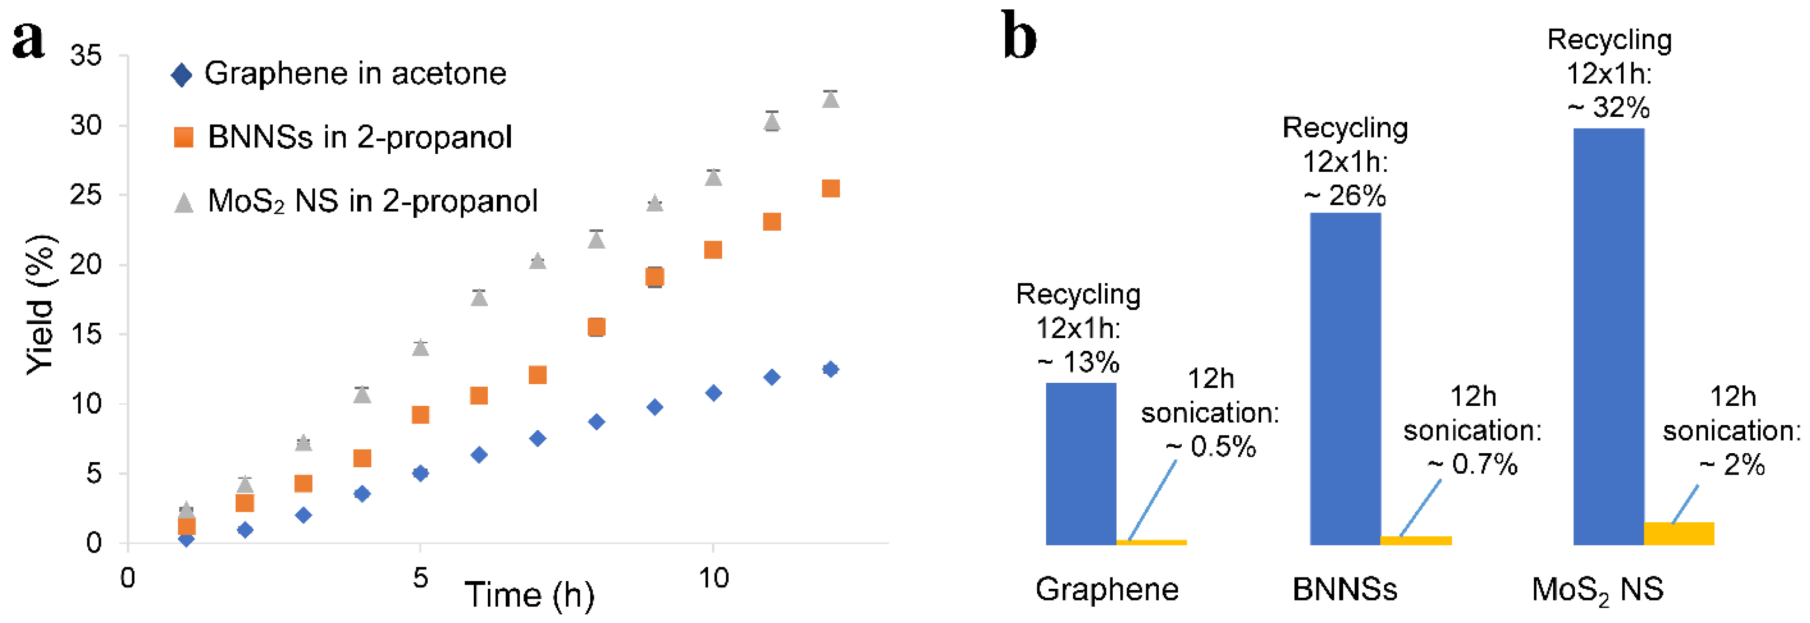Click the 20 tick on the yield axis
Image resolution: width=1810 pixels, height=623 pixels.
[x=86, y=265]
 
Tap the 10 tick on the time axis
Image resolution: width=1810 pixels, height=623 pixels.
[x=713, y=578]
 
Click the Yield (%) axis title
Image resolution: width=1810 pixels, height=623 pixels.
[x=41, y=304]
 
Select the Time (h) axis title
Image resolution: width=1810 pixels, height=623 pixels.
[x=529, y=595]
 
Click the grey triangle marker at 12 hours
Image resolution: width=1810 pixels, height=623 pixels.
[x=831, y=100]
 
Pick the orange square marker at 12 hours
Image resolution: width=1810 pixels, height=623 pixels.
[x=831, y=188]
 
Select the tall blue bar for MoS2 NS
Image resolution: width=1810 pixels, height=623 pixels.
[x=1609, y=337]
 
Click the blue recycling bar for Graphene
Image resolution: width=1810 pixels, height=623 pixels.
[x=1081, y=463]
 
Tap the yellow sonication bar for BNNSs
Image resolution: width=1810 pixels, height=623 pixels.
[x=1416, y=540]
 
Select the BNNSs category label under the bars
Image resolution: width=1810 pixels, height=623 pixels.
[x=1345, y=589]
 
